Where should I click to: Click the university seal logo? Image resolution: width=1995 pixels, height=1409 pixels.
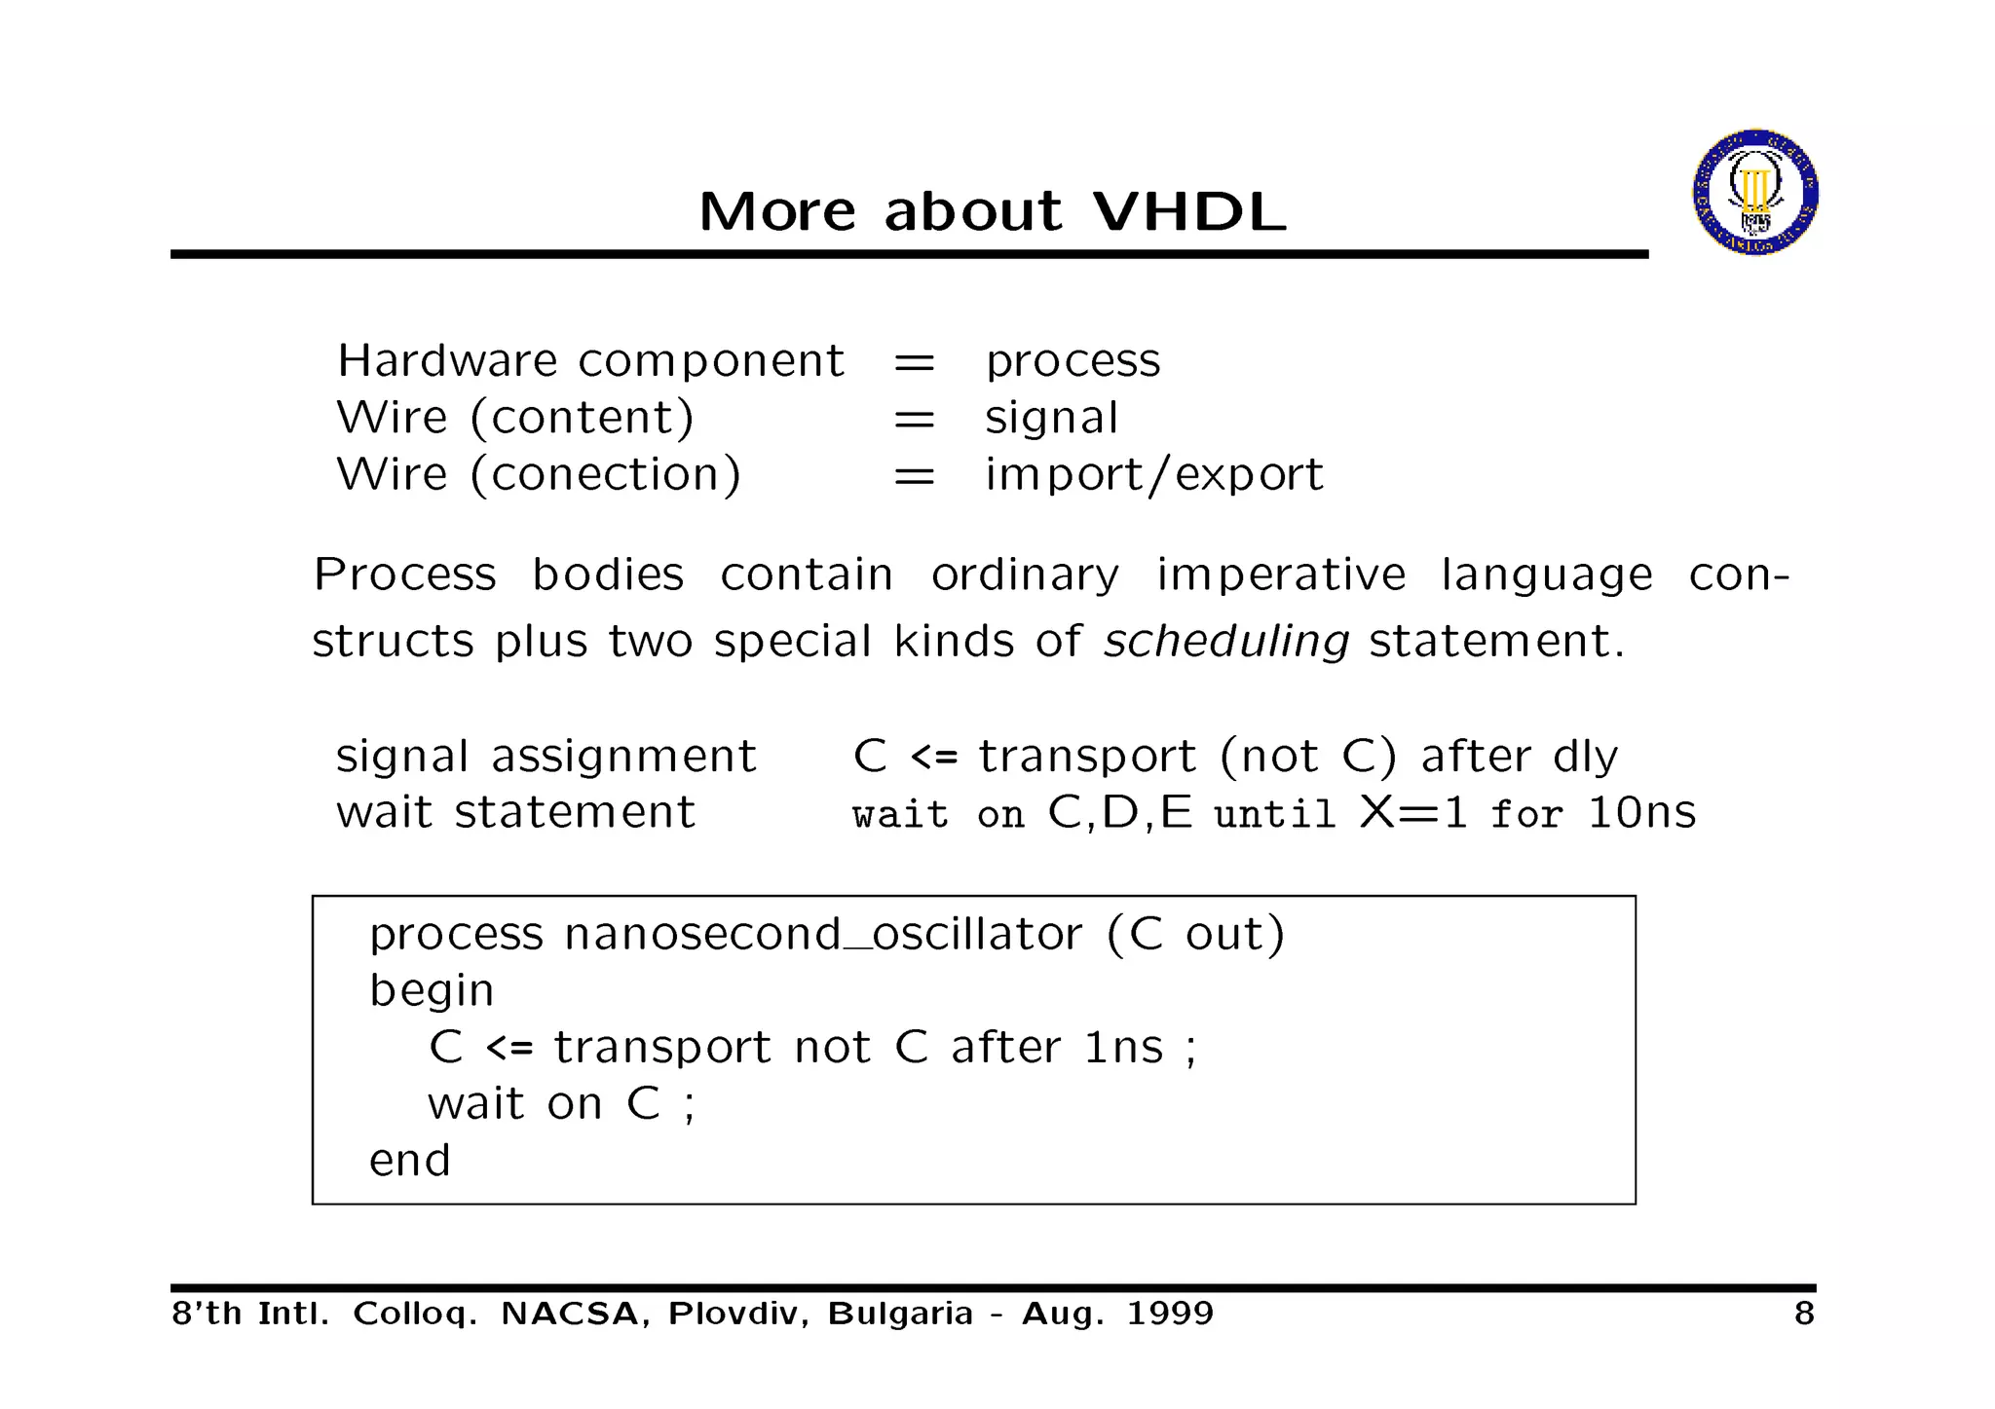pyautogui.click(x=1754, y=192)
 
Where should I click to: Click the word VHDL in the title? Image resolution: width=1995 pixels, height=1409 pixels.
pyautogui.click(x=1189, y=210)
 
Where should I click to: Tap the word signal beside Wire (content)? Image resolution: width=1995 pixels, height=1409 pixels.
pyautogui.click(x=1051, y=419)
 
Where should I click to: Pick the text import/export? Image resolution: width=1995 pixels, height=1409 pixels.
pyautogui.click(x=1153, y=475)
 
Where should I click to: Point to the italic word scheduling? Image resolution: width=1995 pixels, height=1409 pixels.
pyautogui.click(x=1225, y=641)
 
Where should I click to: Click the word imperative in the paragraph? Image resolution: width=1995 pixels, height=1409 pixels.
pyautogui.click(x=1281, y=575)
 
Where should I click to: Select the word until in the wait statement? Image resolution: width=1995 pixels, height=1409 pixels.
pyautogui.click(x=1274, y=814)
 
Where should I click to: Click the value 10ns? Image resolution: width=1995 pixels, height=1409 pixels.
pyautogui.click(x=1641, y=812)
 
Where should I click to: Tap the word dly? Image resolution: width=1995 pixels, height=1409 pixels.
pyautogui.click(x=1585, y=757)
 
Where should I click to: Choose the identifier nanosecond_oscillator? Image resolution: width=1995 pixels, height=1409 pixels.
pyautogui.click(x=822, y=935)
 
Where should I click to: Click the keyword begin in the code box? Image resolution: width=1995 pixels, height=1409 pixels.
pyautogui.click(x=432, y=991)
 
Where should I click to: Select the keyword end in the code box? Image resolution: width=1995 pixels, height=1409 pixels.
pyautogui.click(x=409, y=1161)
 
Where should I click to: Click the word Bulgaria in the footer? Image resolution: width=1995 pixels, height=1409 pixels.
pyautogui.click(x=900, y=1314)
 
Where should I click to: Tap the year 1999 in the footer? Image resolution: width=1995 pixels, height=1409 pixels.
pyautogui.click(x=1170, y=1314)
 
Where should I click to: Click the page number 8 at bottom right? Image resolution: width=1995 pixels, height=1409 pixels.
pyautogui.click(x=1804, y=1314)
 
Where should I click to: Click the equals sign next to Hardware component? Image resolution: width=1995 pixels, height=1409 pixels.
pyautogui.click(x=914, y=362)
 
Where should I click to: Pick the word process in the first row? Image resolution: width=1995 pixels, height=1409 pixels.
pyautogui.click(x=1073, y=362)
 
